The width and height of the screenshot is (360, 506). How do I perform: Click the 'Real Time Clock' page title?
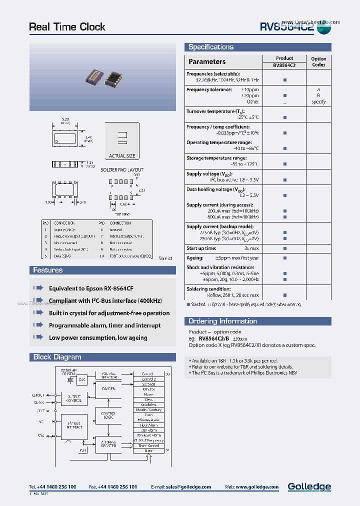(x=67, y=27)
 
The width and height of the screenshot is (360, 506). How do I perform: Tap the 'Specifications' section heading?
(x=210, y=47)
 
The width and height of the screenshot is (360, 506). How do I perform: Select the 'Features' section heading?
(x=47, y=270)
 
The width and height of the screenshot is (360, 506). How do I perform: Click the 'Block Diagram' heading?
(x=57, y=357)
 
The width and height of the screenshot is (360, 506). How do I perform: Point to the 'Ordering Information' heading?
(x=222, y=321)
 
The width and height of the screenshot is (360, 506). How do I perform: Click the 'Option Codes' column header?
(x=318, y=61)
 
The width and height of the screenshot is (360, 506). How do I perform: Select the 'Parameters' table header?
(x=206, y=61)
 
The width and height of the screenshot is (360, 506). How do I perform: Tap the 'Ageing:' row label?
(x=195, y=258)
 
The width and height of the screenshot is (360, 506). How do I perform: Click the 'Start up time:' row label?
(x=201, y=248)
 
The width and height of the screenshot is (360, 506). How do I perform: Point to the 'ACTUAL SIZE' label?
(x=122, y=156)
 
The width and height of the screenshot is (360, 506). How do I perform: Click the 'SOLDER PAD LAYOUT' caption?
(x=122, y=170)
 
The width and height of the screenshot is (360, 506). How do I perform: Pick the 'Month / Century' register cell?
(x=148, y=409)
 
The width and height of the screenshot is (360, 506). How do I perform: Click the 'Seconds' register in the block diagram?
(x=148, y=384)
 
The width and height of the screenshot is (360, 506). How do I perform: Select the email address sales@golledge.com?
(x=188, y=487)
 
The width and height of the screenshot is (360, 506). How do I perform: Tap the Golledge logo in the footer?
(x=309, y=486)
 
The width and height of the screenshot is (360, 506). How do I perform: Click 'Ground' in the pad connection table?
(x=115, y=229)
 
